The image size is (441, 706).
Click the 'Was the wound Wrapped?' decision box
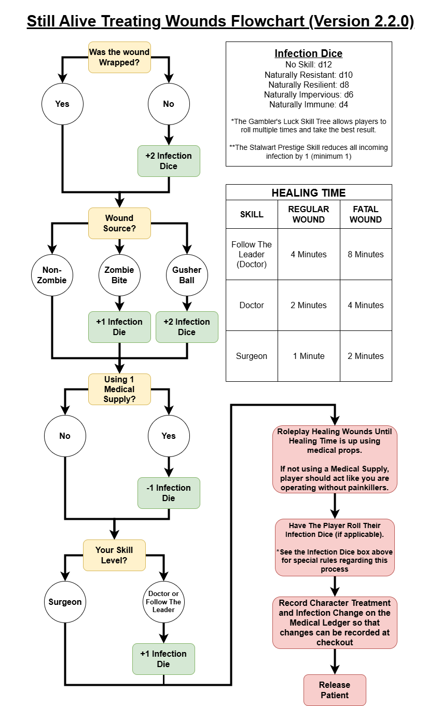[119, 57]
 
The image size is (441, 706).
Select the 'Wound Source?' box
[119, 223]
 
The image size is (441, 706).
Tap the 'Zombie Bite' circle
[119, 275]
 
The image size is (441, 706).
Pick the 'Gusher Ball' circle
[187, 275]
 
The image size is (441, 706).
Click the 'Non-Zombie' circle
[52, 275]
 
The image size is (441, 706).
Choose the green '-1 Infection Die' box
[169, 493]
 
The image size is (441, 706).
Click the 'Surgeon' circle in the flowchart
[65, 602]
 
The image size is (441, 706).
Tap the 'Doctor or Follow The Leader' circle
[163, 602]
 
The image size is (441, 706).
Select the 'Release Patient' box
[335, 690]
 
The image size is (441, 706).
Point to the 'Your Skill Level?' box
[114, 555]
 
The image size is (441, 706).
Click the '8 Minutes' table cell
[366, 254]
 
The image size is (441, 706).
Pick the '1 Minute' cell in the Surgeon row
[309, 356]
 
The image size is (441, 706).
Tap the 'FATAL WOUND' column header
[366, 214]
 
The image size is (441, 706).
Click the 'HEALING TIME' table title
[309, 193]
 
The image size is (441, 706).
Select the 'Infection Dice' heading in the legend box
[309, 53]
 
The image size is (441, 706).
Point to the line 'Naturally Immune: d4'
[309, 104]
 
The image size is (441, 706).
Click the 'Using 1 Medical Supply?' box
[119, 389]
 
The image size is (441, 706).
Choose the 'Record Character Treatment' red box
[335, 622]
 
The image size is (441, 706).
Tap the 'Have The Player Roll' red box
[335, 547]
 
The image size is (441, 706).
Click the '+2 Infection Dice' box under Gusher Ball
[187, 327]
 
